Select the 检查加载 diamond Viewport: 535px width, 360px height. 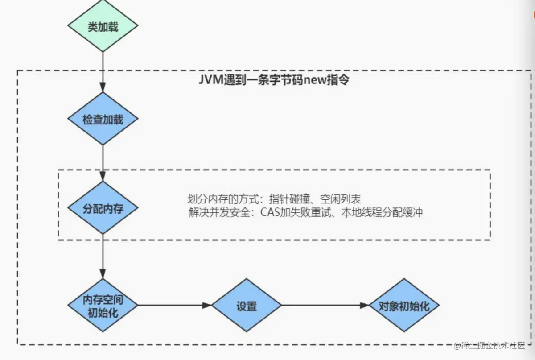click(103, 119)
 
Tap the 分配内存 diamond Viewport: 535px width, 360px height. click(103, 208)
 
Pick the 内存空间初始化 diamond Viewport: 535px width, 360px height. click(103, 306)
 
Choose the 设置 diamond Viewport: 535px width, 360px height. click(246, 306)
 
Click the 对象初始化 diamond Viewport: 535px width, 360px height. click(404, 306)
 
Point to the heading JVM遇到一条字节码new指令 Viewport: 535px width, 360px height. click(273, 81)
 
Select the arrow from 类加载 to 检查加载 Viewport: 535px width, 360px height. click(103, 71)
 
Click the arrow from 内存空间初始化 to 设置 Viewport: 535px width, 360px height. click(174, 306)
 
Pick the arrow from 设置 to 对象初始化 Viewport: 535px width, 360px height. click(325, 306)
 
